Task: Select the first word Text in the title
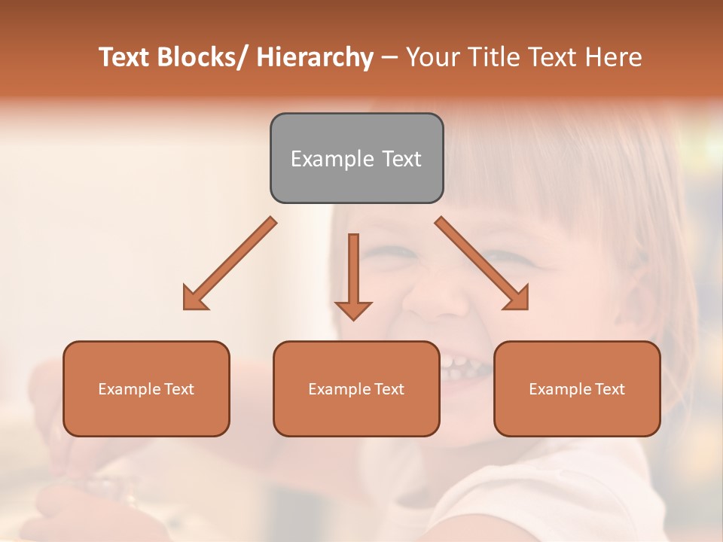click(x=124, y=58)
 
